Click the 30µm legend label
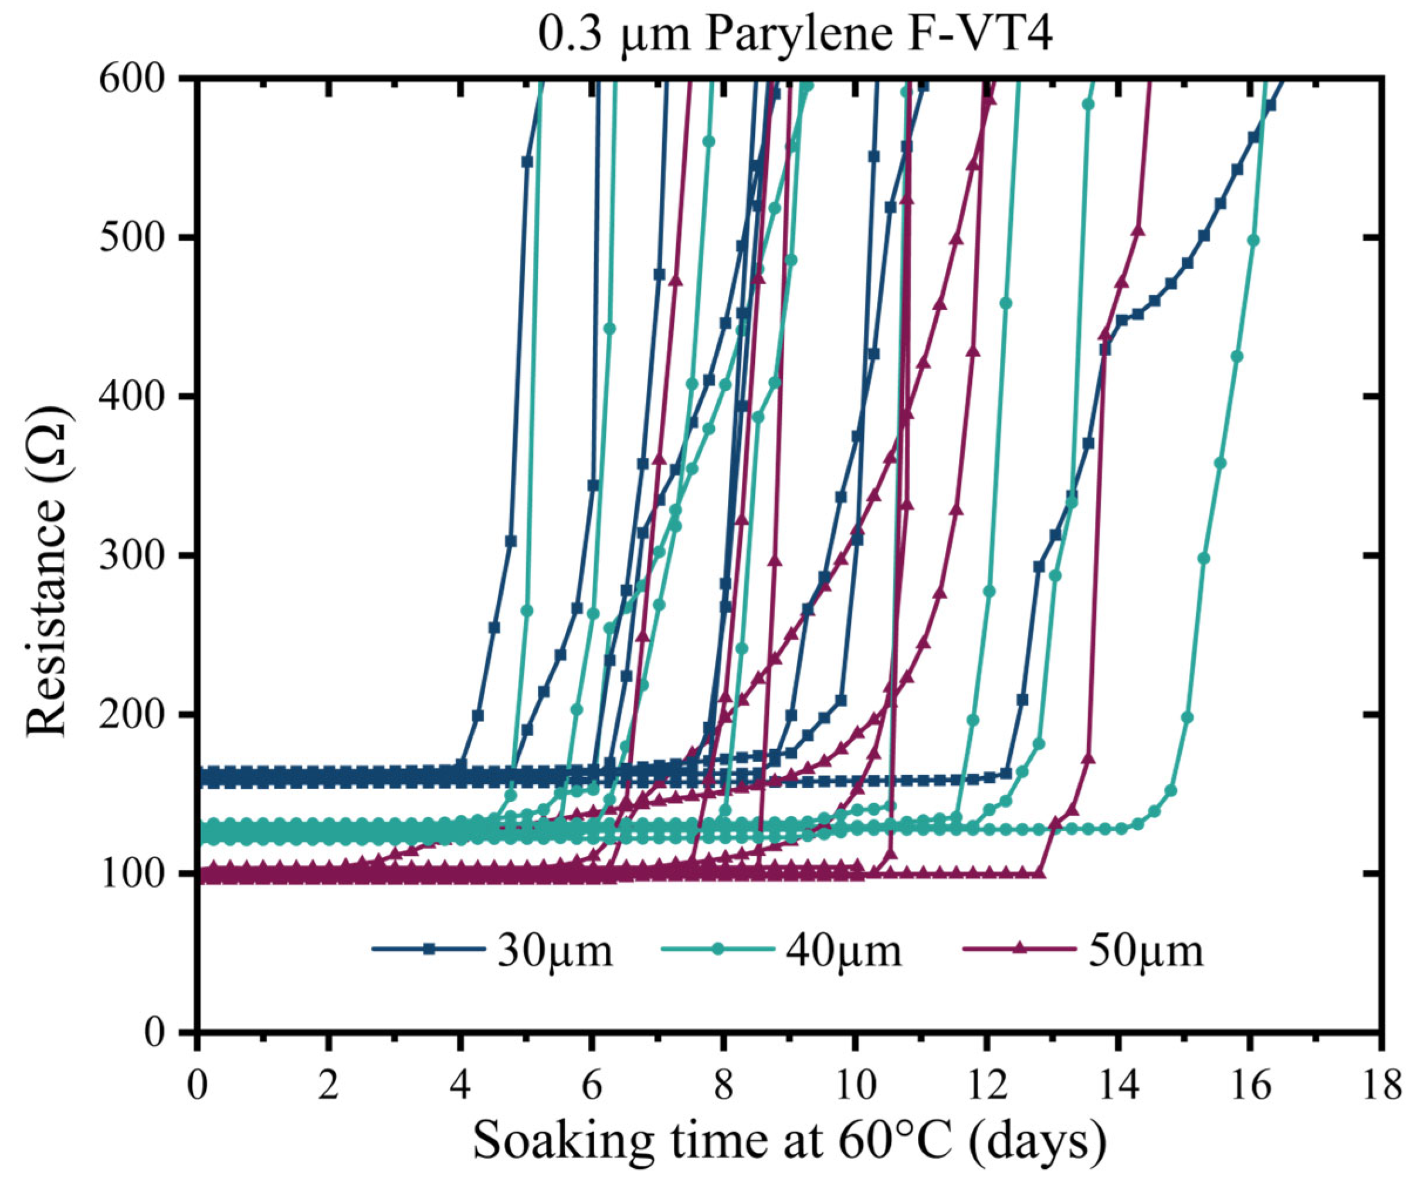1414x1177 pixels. [555, 951]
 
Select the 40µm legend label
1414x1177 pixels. [843, 951]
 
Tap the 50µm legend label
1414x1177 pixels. [1145, 951]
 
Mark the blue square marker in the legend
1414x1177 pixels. [429, 950]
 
